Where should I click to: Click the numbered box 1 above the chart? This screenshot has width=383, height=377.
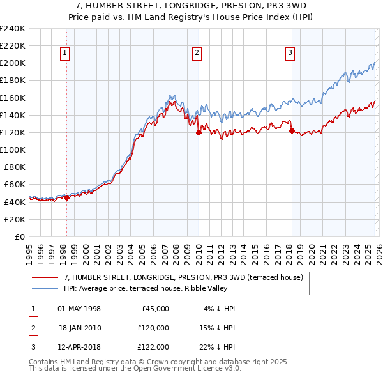click(65, 53)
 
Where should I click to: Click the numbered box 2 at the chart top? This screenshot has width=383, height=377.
click(197, 53)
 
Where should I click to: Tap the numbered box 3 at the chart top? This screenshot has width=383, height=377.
click(290, 53)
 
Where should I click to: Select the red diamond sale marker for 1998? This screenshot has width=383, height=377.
click(66, 197)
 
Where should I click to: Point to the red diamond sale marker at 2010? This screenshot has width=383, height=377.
click(199, 133)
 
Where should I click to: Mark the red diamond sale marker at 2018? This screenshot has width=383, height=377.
click(292, 131)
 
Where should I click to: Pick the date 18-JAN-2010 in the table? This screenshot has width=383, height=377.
click(80, 327)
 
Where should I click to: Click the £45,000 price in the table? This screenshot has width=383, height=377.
click(154, 308)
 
